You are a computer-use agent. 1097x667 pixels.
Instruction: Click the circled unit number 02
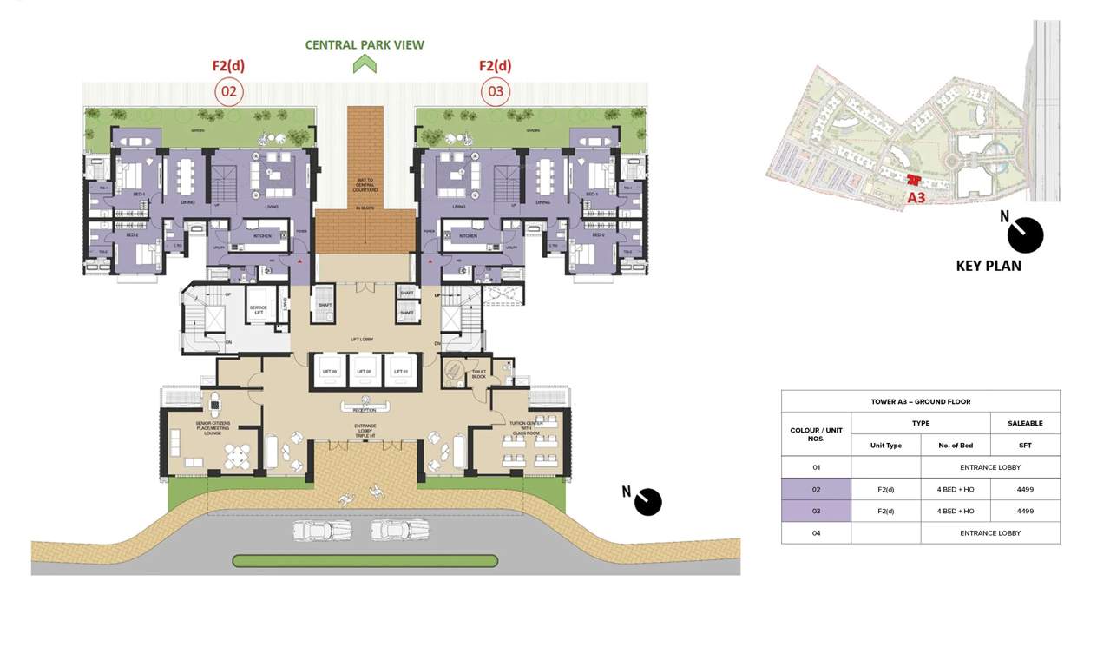pos(228,91)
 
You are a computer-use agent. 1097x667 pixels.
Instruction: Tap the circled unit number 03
pos(495,91)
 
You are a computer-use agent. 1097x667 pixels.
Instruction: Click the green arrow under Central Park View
pos(365,63)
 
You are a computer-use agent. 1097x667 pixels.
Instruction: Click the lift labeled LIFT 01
pos(401,371)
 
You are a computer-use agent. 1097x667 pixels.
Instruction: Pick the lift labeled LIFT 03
pos(328,371)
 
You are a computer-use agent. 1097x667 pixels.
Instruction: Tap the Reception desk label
pos(365,410)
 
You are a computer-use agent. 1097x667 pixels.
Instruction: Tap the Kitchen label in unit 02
pos(262,235)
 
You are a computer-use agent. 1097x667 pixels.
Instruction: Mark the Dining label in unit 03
pos(542,202)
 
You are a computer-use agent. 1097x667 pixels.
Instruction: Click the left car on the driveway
pos(322,530)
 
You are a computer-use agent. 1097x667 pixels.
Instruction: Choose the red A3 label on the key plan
pos(916,198)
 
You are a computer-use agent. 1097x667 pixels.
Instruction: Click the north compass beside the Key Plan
pos(1025,234)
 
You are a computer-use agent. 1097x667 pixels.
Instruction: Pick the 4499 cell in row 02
pos(1025,489)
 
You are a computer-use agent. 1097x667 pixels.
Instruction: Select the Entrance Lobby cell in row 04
pos(990,532)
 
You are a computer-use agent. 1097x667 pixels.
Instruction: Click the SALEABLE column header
pos(1025,423)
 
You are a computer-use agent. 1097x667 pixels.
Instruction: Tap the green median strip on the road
pos(365,561)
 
